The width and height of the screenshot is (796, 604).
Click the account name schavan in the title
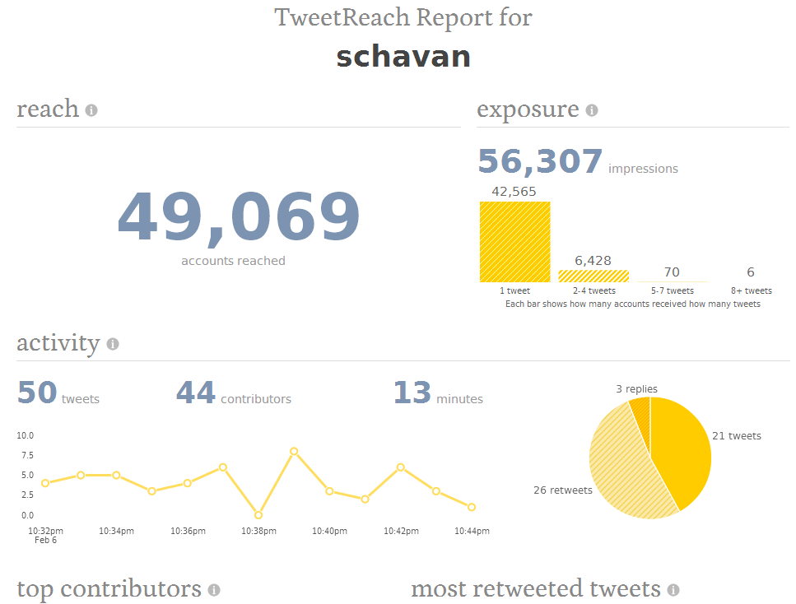coord(403,57)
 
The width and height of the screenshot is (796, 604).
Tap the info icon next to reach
coord(91,110)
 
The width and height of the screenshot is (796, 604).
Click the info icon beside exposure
coord(592,110)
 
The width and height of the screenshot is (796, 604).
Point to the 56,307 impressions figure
coord(540,161)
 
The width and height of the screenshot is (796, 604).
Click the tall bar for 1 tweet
coord(514,242)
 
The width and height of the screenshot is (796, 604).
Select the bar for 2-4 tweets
coord(593,276)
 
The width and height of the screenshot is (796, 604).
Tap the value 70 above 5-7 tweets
coord(672,272)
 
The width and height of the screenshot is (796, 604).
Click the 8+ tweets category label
coord(751,290)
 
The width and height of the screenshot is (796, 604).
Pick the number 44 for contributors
coord(195,393)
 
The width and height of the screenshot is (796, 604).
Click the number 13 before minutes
coord(412,393)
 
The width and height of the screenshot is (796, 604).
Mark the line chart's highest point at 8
coord(293,451)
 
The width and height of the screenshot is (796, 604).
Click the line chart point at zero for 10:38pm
coord(258,515)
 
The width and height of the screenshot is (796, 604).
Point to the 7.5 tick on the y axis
coord(25,455)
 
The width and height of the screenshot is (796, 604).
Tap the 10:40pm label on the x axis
coord(329,532)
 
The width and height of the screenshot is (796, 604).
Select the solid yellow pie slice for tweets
coord(682,448)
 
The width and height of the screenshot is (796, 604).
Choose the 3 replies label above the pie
coord(636,389)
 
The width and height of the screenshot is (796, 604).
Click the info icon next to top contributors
coord(214,590)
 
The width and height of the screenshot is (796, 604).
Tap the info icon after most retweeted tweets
coord(673,590)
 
